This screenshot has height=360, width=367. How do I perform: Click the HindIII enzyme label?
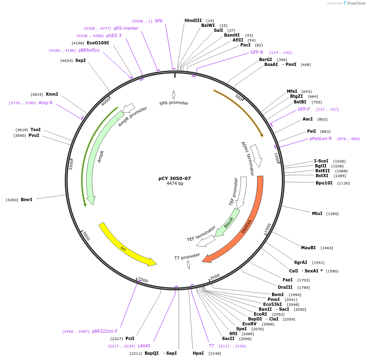(193, 20)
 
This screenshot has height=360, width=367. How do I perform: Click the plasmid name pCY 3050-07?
(174, 178)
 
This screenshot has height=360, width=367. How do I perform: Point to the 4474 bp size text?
(175, 184)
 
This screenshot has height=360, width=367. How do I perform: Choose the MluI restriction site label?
(317, 213)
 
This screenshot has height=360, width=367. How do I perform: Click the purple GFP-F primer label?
(303, 109)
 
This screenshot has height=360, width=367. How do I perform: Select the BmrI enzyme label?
(26, 200)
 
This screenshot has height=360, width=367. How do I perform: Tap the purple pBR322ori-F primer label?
(105, 331)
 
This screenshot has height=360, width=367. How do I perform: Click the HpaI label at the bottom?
(198, 353)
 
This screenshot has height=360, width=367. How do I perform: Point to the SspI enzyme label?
(80, 60)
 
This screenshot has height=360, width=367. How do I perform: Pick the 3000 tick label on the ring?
(86, 235)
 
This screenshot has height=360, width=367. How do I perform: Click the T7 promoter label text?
(187, 257)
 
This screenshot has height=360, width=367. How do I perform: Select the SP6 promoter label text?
(174, 103)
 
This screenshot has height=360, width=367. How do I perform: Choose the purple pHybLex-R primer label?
(321, 138)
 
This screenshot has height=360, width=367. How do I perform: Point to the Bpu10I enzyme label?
(324, 183)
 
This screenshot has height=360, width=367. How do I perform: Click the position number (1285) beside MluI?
(332, 214)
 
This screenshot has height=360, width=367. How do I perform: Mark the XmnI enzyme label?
(51, 94)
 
